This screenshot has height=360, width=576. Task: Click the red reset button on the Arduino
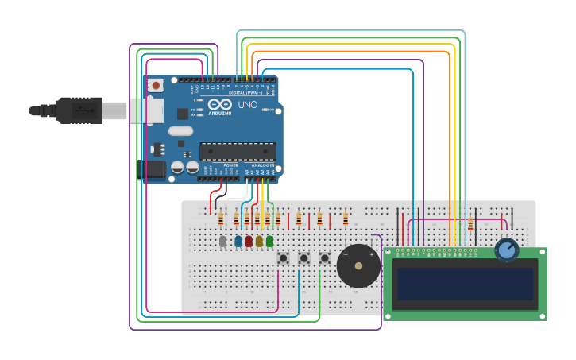[157, 84]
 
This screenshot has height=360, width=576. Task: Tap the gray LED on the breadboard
[222, 241]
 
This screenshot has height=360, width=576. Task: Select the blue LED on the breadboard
[238, 241]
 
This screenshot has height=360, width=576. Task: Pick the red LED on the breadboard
[249, 241]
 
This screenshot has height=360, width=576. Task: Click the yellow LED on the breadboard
[259, 241]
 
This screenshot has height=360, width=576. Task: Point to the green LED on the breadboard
[269, 241]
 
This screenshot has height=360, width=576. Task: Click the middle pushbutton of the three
[303, 257]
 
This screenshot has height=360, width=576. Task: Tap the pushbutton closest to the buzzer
[324, 257]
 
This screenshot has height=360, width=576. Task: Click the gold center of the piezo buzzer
[358, 266]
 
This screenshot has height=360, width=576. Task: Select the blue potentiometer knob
[506, 250]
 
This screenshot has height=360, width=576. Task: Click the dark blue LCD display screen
[466, 284]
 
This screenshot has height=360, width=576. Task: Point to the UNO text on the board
[247, 104]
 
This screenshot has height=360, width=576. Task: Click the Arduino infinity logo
[219, 104]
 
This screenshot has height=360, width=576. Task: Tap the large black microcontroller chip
[238, 150]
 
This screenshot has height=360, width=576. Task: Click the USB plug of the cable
[79, 110]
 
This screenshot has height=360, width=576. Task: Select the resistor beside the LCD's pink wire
[470, 225]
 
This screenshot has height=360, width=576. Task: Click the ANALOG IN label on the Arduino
[262, 165]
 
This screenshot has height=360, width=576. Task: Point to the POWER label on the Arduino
[230, 165]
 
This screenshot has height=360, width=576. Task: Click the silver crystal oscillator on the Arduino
[180, 131]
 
